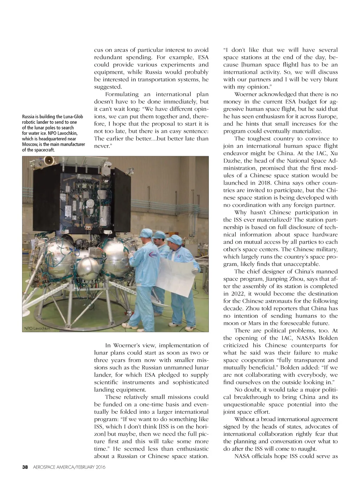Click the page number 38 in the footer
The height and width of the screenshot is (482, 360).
point(25,467)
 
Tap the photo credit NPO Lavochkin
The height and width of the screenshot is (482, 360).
point(37,328)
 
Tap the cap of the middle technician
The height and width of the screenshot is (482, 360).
point(160,234)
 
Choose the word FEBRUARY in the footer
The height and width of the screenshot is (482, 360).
point(76,467)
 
